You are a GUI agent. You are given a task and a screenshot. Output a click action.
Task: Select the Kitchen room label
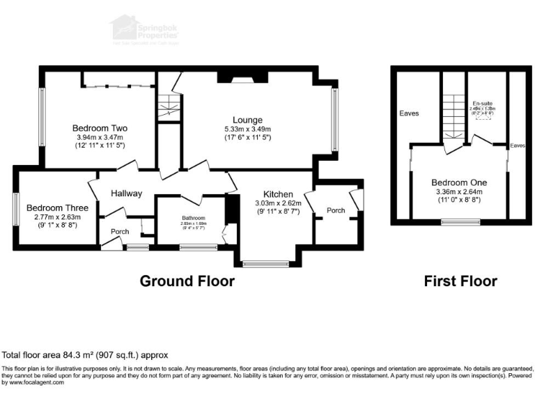278,194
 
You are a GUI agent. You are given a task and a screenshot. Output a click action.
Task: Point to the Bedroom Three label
57,207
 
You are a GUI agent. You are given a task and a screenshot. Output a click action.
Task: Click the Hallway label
125,194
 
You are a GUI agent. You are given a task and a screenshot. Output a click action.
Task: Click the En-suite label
481,103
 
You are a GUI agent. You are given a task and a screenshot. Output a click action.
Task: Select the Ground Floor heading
187,281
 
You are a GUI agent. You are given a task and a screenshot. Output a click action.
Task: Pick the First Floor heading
460,281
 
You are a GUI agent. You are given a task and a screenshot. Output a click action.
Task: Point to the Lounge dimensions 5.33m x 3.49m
247,129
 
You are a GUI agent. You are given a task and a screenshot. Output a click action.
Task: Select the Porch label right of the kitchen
336,210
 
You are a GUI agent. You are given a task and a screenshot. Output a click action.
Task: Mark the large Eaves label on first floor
408,113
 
